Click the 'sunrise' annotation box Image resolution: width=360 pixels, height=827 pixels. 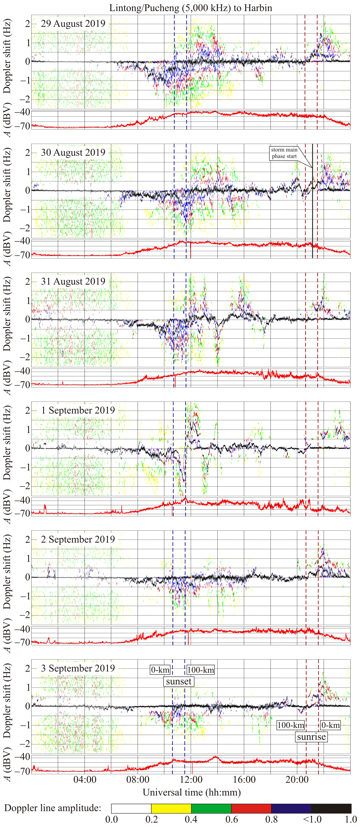pos(311,737)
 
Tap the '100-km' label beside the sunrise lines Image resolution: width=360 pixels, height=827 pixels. pos(290,725)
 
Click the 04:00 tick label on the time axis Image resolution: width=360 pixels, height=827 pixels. pos(85,780)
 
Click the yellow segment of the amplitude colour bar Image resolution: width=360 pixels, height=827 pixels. pos(171,808)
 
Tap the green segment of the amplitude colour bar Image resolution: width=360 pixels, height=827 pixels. pos(211,808)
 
